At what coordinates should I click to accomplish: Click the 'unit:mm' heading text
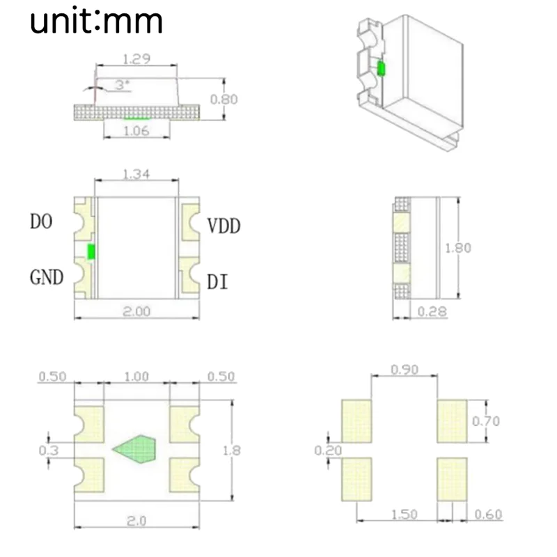click(x=96, y=21)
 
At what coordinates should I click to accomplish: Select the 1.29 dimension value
click(x=136, y=59)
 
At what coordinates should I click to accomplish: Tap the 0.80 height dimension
click(x=223, y=99)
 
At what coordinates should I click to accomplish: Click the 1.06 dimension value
click(x=136, y=131)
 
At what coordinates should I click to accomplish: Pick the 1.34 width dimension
click(x=136, y=174)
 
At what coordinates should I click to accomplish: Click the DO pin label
click(x=42, y=222)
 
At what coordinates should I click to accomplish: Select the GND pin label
click(x=47, y=278)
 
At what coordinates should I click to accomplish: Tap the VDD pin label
click(x=223, y=226)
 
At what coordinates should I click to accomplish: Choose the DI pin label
click(x=217, y=282)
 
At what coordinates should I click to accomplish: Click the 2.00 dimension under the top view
click(x=136, y=312)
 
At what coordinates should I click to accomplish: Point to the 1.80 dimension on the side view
click(x=458, y=247)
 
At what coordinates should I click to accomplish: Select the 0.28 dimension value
click(x=432, y=311)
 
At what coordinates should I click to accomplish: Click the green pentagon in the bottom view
click(x=138, y=449)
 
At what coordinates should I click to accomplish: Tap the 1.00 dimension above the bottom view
click(x=136, y=377)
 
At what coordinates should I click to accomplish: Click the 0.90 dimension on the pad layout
click(x=405, y=370)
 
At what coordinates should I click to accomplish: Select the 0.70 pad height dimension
click(x=486, y=421)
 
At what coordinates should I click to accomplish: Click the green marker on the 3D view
click(x=381, y=68)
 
